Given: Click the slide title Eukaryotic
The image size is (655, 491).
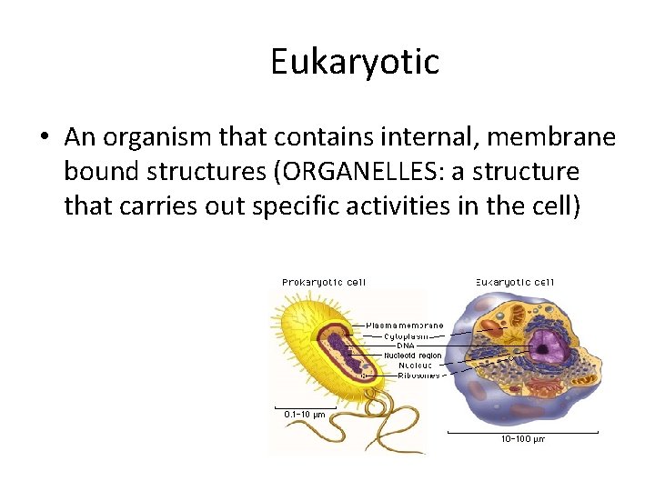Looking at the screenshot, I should (x=354, y=62).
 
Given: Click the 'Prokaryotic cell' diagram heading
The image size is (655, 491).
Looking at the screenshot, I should (x=324, y=282).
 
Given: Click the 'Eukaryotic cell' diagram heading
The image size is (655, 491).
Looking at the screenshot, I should (x=515, y=282).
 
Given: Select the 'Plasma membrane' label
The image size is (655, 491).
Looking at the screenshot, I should (x=405, y=325).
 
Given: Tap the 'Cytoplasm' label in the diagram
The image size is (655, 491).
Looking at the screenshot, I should (x=406, y=336).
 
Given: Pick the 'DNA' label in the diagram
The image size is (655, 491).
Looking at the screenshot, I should (x=393, y=346).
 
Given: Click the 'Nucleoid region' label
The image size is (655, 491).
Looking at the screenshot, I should (x=412, y=355).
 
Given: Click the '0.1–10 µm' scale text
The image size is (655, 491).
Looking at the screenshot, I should (x=304, y=415).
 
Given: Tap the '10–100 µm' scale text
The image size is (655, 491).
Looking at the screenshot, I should (x=523, y=439).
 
